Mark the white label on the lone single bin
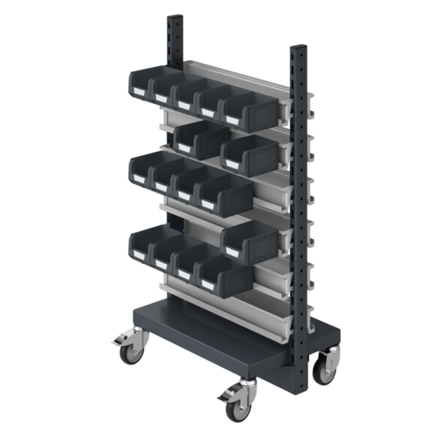coord(231,248)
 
